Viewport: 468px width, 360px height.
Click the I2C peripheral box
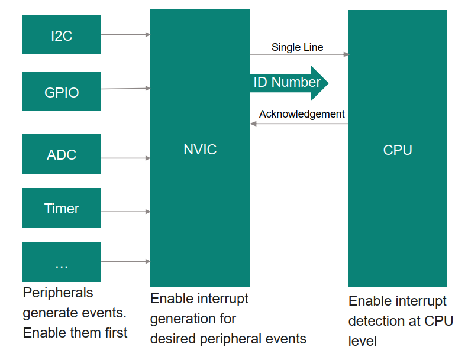pyautogui.click(x=62, y=35)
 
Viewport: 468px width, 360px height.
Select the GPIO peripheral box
pyautogui.click(x=62, y=92)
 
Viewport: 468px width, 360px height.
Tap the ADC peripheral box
pyautogui.click(x=62, y=154)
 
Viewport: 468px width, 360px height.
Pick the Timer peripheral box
pyautogui.click(x=62, y=208)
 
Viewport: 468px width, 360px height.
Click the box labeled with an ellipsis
pyautogui.click(x=62, y=262)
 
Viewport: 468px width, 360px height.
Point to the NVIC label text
pyautogui.click(x=200, y=150)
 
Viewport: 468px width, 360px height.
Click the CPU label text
pyautogui.click(x=397, y=150)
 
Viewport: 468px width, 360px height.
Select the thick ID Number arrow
pyautogui.click(x=288, y=83)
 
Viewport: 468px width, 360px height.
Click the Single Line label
pyautogui.click(x=297, y=47)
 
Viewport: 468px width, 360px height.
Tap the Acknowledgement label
pyautogui.click(x=302, y=114)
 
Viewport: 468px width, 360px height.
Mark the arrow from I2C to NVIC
pyautogui.click(x=125, y=35)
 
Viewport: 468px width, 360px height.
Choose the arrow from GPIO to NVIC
pyautogui.click(x=125, y=89)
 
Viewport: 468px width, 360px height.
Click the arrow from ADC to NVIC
pyautogui.click(x=125, y=158)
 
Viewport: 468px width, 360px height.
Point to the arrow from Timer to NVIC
pyautogui.click(x=125, y=211)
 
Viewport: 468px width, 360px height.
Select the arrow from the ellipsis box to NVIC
pyautogui.click(x=125, y=261)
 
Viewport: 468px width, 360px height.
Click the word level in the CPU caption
pyautogui.click(x=362, y=341)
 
